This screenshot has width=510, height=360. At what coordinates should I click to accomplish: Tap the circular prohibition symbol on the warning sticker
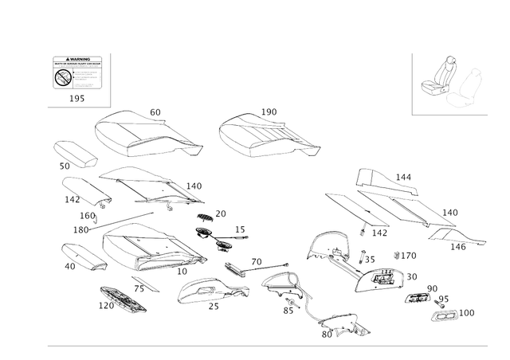(61, 78)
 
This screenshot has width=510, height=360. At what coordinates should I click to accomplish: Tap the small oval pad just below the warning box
(74, 153)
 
